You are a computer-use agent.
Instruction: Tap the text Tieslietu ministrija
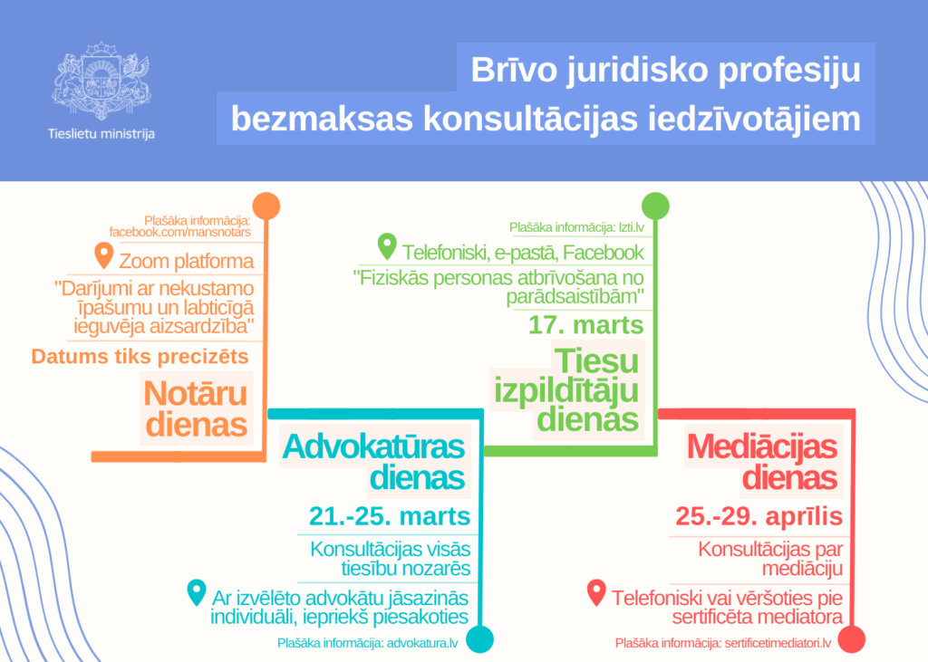[101, 134]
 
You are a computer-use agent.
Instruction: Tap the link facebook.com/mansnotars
[179, 233]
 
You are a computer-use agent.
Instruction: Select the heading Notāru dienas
[196, 408]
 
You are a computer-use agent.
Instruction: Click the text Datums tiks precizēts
[140, 357]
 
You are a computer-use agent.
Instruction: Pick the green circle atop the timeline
[655, 206]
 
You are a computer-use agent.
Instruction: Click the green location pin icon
[387, 247]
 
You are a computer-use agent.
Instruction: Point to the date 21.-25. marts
[390, 517]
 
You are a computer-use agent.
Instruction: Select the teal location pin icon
[195, 592]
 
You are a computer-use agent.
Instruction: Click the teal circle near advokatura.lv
[480, 639]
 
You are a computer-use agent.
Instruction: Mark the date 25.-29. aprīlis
[759, 517]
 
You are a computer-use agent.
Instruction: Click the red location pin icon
[595, 592]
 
